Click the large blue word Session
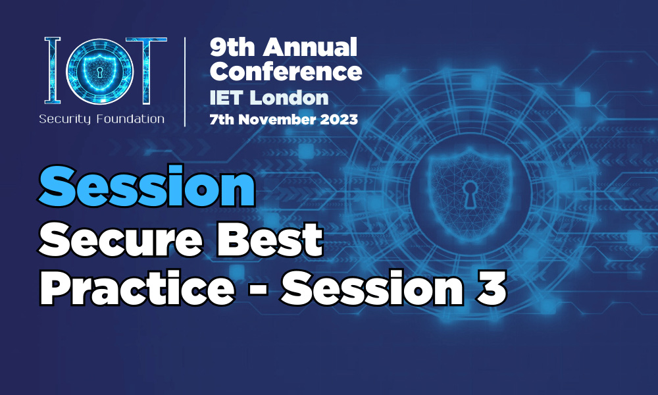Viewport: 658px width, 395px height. coord(147,186)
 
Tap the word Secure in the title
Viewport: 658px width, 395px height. coord(121,240)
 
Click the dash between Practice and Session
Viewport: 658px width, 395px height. coord(258,291)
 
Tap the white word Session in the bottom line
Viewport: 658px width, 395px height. coord(372,288)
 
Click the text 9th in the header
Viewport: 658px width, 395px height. coord(232,47)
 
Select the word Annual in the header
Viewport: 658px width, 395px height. coord(310,47)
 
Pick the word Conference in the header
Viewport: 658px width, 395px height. coord(286,71)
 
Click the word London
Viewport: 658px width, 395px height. coord(289,98)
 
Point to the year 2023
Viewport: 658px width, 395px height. coord(339,119)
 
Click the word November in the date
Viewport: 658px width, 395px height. coord(277,119)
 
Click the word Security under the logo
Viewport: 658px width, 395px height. coord(65,119)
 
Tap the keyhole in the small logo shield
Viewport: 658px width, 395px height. coord(100,72)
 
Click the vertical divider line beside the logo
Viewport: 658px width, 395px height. coord(185,82)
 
